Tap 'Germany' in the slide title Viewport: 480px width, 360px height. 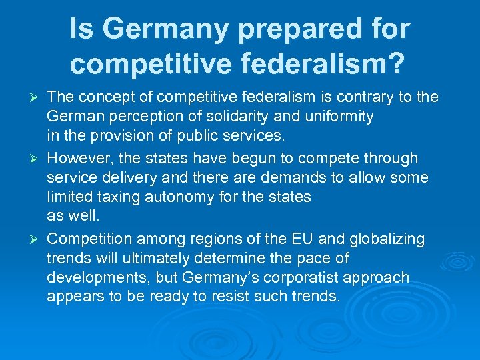[157, 29]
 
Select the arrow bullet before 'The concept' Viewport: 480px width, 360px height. [37, 98]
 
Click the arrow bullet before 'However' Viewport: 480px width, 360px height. [37, 159]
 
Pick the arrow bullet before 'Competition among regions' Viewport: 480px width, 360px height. [37, 239]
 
